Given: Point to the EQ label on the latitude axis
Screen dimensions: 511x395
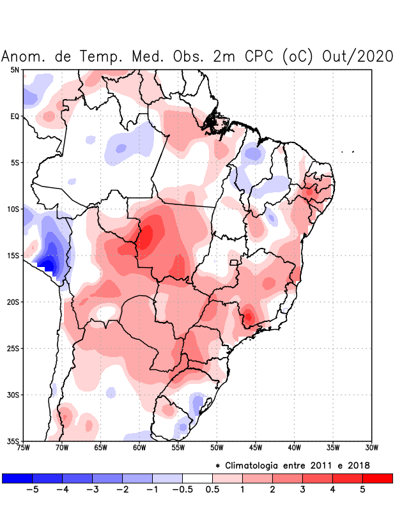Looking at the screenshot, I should [x=15, y=116].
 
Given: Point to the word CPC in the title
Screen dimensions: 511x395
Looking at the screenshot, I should [x=258, y=56].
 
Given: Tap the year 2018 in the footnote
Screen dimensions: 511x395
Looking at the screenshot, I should [x=357, y=465].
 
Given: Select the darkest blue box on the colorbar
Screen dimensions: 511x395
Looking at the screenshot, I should [x=17, y=478].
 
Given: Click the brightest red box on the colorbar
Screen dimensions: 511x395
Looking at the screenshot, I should [x=377, y=478].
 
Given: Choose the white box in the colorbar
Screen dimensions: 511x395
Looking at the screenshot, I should [x=197, y=478].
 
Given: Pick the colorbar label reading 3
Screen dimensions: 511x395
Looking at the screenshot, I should [x=302, y=490].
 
